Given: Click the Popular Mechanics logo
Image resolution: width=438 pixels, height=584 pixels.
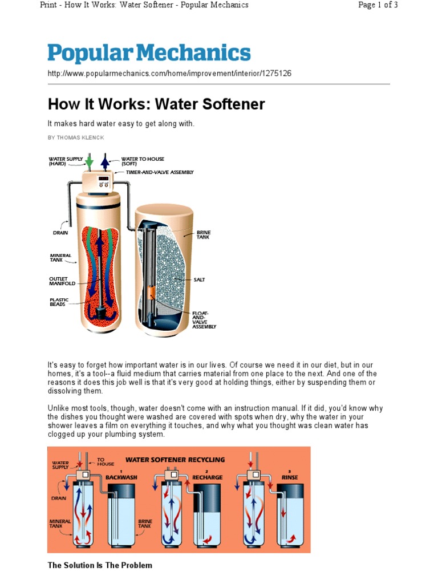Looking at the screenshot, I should [149, 53].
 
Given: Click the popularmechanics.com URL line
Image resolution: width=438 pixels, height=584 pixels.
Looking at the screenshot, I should [169, 74].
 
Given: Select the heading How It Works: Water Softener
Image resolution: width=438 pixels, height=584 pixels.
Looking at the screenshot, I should [156, 104].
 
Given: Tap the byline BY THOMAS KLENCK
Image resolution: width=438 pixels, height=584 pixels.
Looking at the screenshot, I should [76, 138].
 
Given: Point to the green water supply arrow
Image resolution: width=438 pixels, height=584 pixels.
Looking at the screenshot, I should [89, 162].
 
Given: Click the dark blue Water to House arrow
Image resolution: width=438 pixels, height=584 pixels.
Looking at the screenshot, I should [105, 162].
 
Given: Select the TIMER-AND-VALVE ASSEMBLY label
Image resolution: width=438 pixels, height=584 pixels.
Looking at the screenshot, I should [160, 172].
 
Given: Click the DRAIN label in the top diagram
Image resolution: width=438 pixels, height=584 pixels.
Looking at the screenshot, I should [61, 233].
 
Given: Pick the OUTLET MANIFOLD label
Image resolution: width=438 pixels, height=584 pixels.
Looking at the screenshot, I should [62, 281].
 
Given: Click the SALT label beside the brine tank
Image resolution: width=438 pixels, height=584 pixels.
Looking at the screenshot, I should [200, 279].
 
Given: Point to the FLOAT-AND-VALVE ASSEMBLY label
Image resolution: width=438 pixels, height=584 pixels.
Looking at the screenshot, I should [204, 319].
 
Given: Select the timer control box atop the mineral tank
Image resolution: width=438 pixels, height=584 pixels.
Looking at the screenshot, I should [102, 182].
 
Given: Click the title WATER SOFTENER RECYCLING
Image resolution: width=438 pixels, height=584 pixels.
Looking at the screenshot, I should [175, 459].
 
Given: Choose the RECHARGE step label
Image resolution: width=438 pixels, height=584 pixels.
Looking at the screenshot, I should [207, 476].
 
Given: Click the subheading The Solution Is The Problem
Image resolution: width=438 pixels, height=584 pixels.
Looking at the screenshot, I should [100, 565].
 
